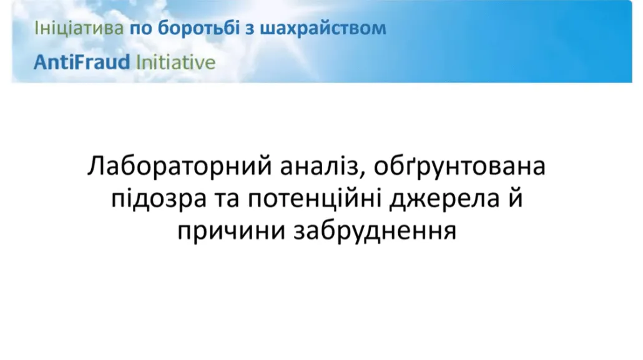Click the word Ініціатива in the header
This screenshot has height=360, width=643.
[79, 28]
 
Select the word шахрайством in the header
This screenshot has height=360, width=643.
[323, 28]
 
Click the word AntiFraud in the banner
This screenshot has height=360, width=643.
[82, 62]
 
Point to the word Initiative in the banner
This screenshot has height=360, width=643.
[175, 62]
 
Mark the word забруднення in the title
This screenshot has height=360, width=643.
[375, 231]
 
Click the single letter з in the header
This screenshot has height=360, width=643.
[250, 29]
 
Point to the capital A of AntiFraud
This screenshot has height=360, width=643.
[41, 62]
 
